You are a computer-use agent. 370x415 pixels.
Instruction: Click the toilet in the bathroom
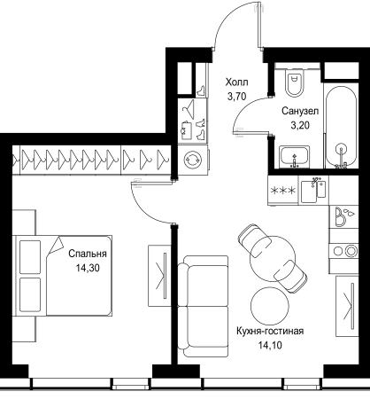[295, 82]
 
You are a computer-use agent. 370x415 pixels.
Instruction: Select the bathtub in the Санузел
[341, 127]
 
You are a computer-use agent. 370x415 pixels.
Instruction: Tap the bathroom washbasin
[294, 156]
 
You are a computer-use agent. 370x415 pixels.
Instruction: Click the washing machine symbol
[193, 160]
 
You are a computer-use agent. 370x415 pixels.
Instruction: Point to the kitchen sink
[313, 191]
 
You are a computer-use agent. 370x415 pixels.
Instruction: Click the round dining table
[273, 258]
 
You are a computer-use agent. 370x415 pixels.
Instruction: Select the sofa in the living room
[203, 306]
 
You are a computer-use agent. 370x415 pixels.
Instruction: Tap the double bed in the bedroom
[63, 276]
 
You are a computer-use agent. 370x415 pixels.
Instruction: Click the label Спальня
[88, 254]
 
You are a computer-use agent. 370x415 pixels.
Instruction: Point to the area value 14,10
[270, 345]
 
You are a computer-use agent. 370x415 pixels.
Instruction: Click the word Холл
[236, 82]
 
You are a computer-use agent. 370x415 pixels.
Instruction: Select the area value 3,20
[300, 126]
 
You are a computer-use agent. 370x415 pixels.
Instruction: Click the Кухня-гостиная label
[270, 331]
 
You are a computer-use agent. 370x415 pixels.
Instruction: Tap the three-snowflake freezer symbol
[283, 191]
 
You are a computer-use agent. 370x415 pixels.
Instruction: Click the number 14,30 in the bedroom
[88, 268]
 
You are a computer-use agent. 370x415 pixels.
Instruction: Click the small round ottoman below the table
[269, 306]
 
